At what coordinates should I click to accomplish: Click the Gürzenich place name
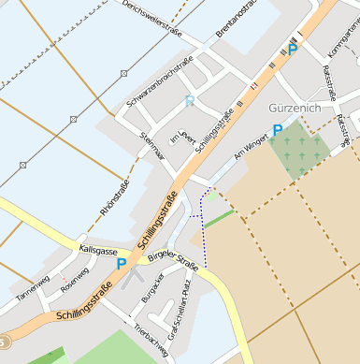(294, 108)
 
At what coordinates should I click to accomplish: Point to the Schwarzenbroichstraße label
(160, 81)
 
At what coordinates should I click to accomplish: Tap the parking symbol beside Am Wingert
(277, 131)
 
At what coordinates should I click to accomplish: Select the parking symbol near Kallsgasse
(121, 265)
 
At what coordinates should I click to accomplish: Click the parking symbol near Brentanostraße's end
(293, 50)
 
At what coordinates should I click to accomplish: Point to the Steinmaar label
(151, 147)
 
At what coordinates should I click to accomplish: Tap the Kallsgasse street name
(99, 251)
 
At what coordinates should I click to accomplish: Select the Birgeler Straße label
(175, 259)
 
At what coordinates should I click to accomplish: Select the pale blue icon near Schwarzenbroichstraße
(190, 101)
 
